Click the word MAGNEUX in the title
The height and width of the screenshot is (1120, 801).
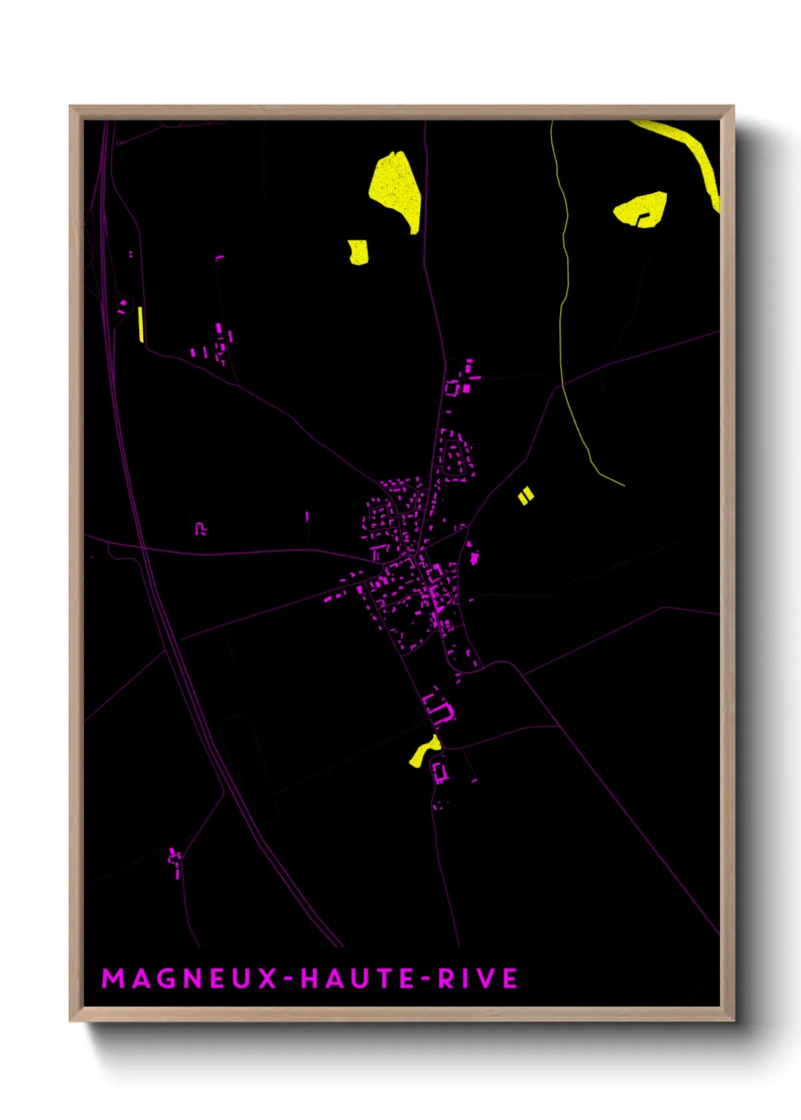[x=189, y=978]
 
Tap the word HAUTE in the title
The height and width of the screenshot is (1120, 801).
[x=357, y=978]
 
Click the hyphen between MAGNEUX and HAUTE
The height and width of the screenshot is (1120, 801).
[x=288, y=979]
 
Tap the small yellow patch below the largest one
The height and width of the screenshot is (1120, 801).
[x=358, y=252]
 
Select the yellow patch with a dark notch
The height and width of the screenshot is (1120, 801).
[x=640, y=208]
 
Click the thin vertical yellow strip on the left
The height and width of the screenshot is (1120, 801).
[x=141, y=324]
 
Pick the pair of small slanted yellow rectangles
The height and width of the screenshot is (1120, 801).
[x=525, y=496]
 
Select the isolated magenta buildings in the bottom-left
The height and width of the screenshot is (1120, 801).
[x=176, y=861]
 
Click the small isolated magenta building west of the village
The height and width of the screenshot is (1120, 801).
[x=201, y=529]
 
